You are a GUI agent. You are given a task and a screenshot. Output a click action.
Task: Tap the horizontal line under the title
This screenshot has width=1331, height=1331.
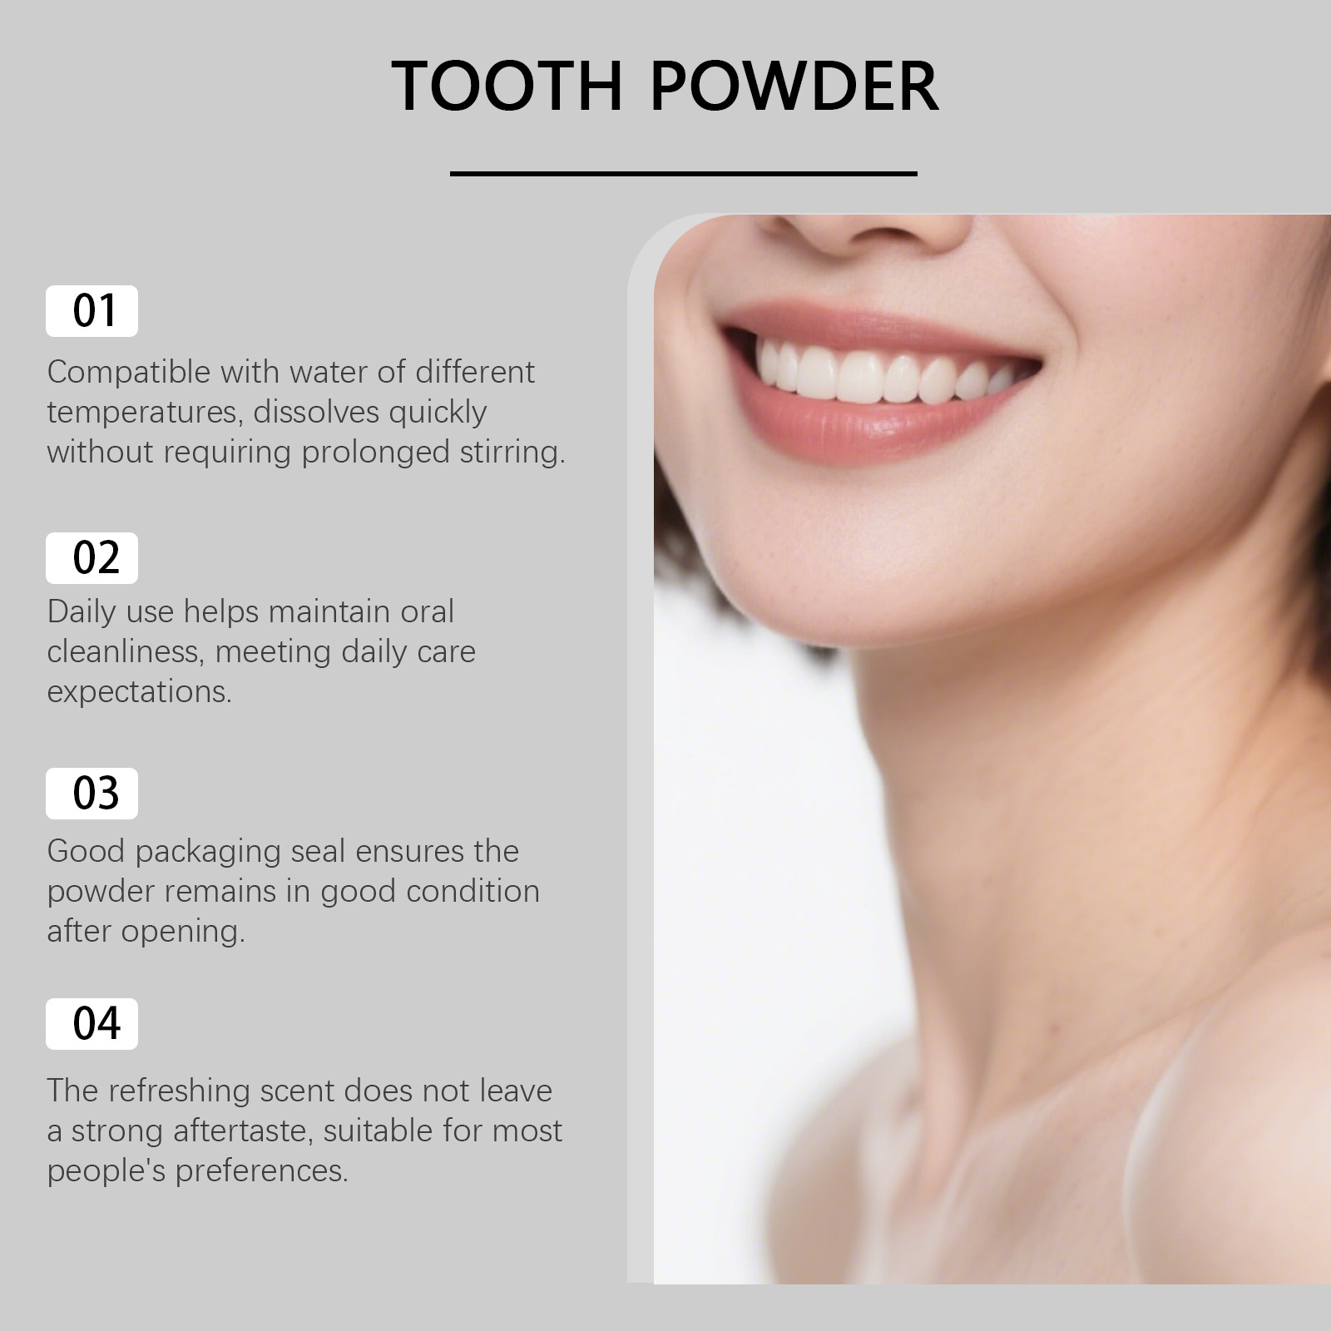tap(683, 174)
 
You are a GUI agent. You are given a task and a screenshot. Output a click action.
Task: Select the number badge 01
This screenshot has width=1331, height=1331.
tap(92, 311)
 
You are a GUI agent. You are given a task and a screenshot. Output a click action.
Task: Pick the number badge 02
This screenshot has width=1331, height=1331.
tap(92, 557)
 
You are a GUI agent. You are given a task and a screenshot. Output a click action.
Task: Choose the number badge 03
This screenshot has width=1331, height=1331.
tap(92, 794)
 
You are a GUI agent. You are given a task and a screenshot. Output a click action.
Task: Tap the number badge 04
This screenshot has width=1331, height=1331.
tap(92, 1023)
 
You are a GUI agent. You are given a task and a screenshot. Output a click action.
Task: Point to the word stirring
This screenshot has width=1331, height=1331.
tap(512, 453)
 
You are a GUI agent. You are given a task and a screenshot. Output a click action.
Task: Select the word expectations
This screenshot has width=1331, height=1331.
tap(138, 691)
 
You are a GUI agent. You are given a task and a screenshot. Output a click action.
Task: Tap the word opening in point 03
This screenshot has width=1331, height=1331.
tap(183, 931)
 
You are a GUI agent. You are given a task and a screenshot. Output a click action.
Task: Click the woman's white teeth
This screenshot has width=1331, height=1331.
tap(865, 374)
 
